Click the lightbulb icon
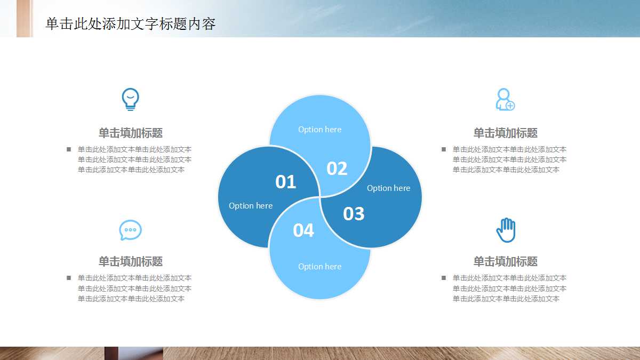130,99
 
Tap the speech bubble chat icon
130,230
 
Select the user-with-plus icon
505,100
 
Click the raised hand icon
506,230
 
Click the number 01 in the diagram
285,182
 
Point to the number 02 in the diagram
337,169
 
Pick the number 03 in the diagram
354,214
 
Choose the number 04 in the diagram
303,230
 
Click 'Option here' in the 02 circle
319,130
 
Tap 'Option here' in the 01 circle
251,206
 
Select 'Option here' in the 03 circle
388,188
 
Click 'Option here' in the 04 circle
319,267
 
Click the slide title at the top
131,24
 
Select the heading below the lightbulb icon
131,133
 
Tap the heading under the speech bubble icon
131,261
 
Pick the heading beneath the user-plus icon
506,133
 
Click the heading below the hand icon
506,261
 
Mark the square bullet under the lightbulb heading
69,149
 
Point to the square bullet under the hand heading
444,278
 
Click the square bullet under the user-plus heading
444,149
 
